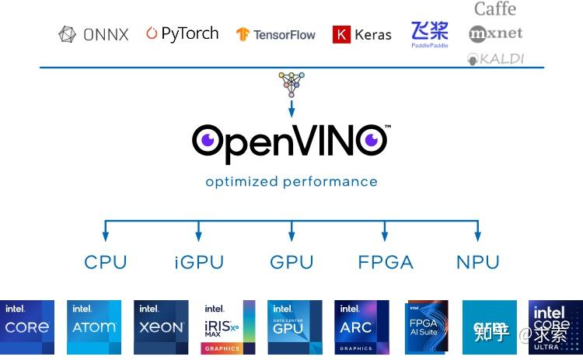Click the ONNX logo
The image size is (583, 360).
pyautogui.click(x=93, y=34)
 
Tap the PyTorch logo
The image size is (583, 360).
pyautogui.click(x=182, y=33)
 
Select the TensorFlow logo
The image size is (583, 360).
pyautogui.click(x=276, y=35)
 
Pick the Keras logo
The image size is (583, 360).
pyautogui.click(x=362, y=34)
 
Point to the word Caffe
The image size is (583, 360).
pyautogui.click(x=495, y=9)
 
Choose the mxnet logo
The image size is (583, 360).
pyautogui.click(x=496, y=33)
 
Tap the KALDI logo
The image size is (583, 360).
pyautogui.click(x=496, y=58)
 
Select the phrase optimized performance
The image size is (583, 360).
pyautogui.click(x=291, y=182)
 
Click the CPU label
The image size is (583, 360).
pyautogui.click(x=105, y=262)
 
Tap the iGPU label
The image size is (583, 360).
pyautogui.click(x=198, y=262)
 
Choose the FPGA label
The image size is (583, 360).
pyautogui.click(x=386, y=262)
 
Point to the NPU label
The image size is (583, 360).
pyautogui.click(x=477, y=262)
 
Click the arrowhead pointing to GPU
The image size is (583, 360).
pyautogui.click(x=291, y=235)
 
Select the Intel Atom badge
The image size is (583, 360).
pyautogui.click(x=94, y=327)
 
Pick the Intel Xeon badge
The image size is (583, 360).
pyautogui.click(x=161, y=327)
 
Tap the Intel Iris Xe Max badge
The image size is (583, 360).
pyautogui.click(x=228, y=327)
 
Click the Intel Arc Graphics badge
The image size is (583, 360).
pyautogui.click(x=361, y=327)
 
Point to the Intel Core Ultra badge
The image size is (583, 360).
pyautogui.click(x=555, y=327)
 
